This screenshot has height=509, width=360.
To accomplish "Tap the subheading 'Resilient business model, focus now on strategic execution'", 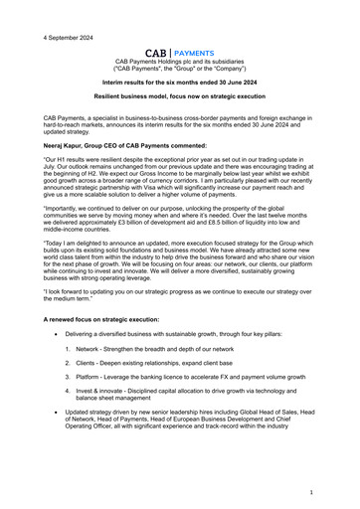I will [x=179, y=101].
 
